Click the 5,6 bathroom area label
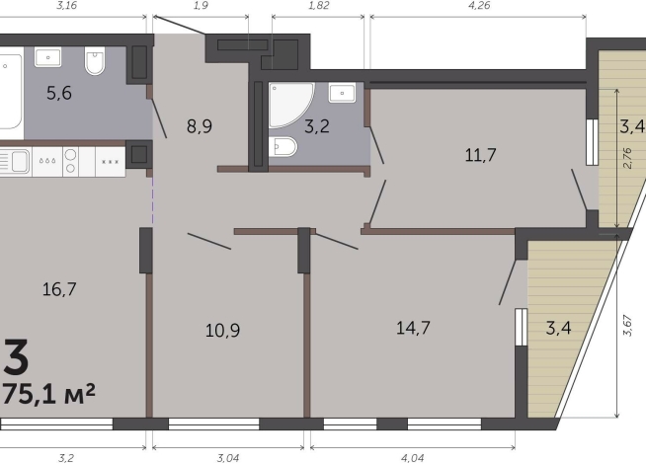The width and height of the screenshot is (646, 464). [59, 93]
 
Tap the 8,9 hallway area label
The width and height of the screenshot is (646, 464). [200, 126]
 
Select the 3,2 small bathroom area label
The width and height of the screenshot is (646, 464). [317, 126]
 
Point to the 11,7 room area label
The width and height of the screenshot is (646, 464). [480, 155]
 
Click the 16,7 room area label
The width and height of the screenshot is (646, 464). [59, 289]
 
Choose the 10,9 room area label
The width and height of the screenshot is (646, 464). [222, 330]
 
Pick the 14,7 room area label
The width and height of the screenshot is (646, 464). [413, 328]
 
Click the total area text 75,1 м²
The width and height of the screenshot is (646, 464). [49, 394]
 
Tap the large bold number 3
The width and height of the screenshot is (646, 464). [16, 357]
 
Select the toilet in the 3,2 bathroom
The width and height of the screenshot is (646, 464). [283, 146]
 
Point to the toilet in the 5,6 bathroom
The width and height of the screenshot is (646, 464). [95, 60]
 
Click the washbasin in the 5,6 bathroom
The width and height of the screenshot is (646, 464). [47, 57]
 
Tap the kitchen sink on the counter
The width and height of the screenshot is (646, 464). [15, 161]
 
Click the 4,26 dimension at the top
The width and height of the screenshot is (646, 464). [479, 5]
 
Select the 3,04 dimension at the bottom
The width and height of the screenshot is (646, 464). [228, 457]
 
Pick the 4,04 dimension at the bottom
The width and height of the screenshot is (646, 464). [413, 457]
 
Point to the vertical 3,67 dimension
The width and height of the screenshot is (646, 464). [627, 325]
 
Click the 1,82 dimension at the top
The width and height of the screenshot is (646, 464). [318, 5]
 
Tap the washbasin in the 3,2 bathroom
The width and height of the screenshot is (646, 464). [342, 93]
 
